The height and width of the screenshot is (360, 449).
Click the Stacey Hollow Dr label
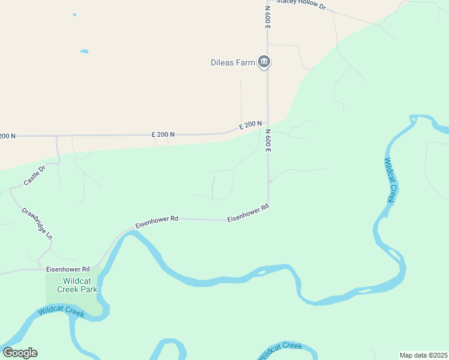tap(301, 5)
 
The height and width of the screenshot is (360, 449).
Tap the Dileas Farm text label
tap(233, 62)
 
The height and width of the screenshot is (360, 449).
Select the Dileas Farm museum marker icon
tap(264, 61)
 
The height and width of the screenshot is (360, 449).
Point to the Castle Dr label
tap(34, 176)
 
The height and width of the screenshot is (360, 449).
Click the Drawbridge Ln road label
tap(37, 223)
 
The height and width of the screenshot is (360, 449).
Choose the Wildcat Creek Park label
tap(77, 284)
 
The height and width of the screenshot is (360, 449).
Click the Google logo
tap(20, 353)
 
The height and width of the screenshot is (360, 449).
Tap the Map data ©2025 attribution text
tap(423, 355)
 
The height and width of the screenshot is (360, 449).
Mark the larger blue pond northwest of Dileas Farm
tap(84, 52)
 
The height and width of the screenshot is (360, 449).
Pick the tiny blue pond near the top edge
tap(74, 14)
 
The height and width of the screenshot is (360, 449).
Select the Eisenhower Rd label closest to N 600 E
tap(247, 213)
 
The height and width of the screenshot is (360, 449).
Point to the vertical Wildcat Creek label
tap(391, 180)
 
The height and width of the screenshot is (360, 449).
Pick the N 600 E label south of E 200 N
tap(268, 140)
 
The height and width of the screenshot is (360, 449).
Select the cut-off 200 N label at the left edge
tap(7, 136)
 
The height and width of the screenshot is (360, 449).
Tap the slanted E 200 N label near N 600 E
tap(250, 125)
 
